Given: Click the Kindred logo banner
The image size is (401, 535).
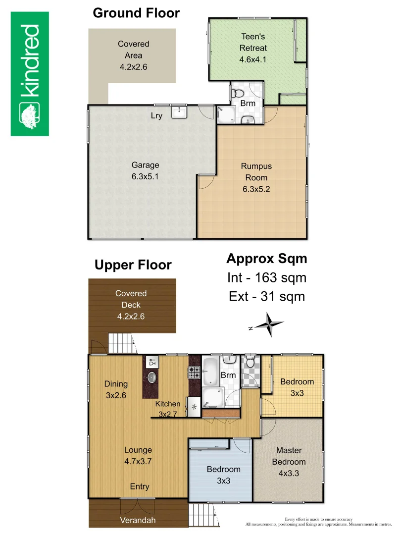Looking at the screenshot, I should pyautogui.click(x=30, y=74).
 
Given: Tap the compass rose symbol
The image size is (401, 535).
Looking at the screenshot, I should pyautogui.click(x=268, y=325).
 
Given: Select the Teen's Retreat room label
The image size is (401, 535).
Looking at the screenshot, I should pyautogui.click(x=253, y=48).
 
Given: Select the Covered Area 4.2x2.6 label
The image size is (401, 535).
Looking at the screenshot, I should pyautogui.click(x=134, y=54).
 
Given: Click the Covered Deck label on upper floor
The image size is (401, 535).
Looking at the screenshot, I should pyautogui.click(x=131, y=305).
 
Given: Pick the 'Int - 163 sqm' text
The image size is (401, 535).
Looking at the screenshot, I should pyautogui.click(x=266, y=278).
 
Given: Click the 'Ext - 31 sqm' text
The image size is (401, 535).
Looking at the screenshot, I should pyautogui.click(x=266, y=297).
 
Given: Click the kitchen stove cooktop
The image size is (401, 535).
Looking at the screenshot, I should pyautogui.click(x=194, y=372).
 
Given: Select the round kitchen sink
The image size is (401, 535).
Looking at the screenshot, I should pyautogui.click(x=152, y=377).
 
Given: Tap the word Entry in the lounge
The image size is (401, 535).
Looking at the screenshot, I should pyautogui.click(x=139, y=486).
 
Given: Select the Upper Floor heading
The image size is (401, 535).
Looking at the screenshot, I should pyautogui.click(x=133, y=265).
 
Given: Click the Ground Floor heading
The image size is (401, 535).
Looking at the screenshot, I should pyautogui.click(x=136, y=13).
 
